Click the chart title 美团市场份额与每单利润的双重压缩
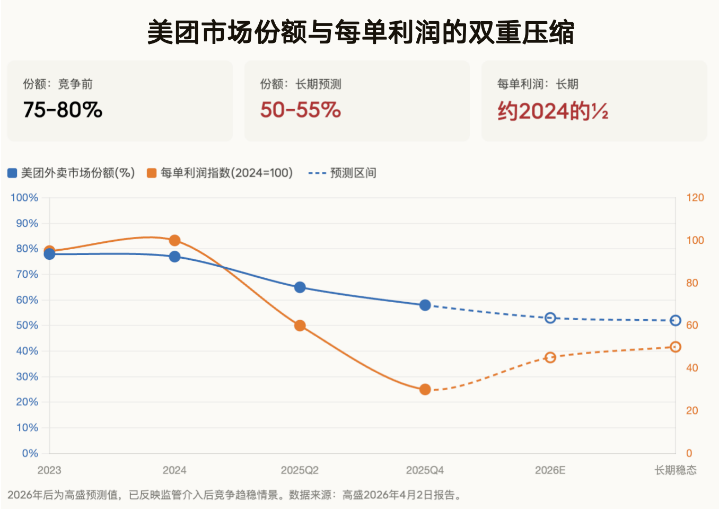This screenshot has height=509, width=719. click(x=360, y=32)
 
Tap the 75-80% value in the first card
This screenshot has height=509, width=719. click(x=63, y=110)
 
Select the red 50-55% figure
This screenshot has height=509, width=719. click(x=300, y=110)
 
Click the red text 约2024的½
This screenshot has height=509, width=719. click(x=553, y=111)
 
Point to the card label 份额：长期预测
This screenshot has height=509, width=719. click(x=301, y=84)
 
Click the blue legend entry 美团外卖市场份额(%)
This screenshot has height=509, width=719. click(x=72, y=173)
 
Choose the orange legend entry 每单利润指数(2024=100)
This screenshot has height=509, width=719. click(x=220, y=173)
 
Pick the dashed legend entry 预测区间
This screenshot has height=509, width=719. click(x=343, y=173)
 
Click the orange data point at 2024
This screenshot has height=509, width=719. click(x=174, y=241)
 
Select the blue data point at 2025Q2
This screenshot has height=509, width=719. click(x=300, y=287)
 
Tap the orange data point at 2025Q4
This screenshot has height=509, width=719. click(x=425, y=390)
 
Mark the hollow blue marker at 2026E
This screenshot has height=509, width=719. click(x=550, y=318)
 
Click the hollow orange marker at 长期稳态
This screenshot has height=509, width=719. click(x=676, y=347)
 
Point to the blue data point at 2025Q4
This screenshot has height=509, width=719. click(x=425, y=305)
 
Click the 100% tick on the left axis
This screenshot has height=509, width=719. click(x=24, y=198)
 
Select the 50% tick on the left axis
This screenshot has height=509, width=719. click(x=27, y=326)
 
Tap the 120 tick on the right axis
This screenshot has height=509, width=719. click(x=695, y=198)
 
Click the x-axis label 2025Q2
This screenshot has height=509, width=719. click(x=300, y=470)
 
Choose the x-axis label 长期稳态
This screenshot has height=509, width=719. click(x=675, y=470)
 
